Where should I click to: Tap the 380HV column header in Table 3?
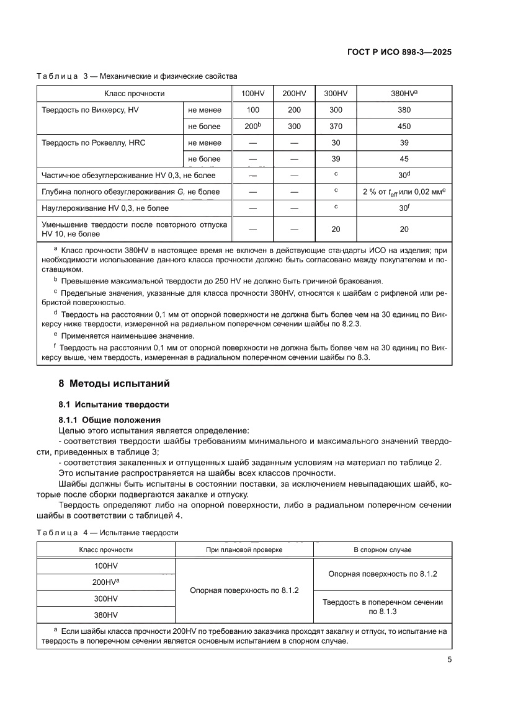click(404, 94)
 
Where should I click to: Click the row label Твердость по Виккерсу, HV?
click(90, 110)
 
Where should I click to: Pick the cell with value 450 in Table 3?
click(404, 126)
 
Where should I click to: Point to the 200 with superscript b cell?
click(252, 126)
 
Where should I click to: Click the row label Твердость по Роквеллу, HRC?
click(93, 143)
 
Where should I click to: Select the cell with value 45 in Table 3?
click(404, 159)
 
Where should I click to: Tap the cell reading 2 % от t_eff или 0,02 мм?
click(404, 192)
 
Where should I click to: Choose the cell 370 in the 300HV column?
click(336, 126)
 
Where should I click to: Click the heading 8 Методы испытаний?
click(114, 383)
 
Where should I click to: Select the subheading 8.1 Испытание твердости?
click(114, 404)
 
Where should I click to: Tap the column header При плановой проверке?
click(244, 549)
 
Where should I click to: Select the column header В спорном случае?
click(383, 549)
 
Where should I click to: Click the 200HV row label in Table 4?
click(105, 582)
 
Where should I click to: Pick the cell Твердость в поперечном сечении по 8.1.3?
click(383, 607)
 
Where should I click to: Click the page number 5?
click(449, 660)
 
